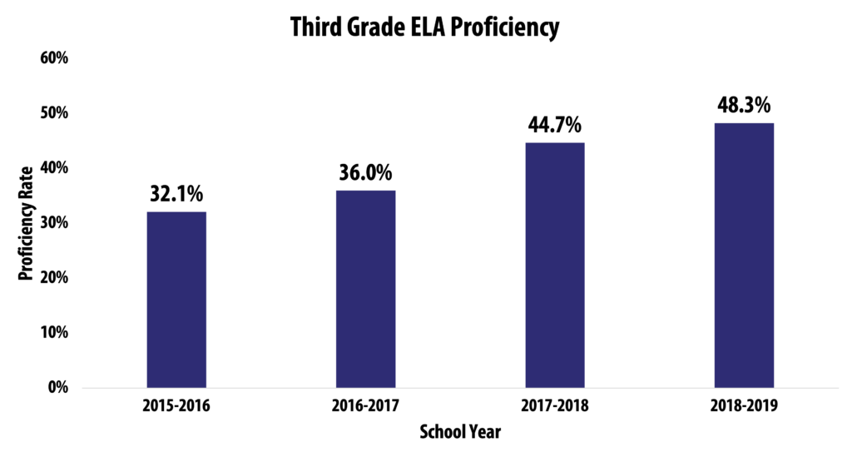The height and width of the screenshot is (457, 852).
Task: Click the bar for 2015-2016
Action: [176, 300]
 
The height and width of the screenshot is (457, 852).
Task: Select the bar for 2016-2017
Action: [365, 289]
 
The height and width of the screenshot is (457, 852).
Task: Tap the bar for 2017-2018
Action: [554, 265]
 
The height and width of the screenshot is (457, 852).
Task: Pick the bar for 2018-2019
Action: [744, 255]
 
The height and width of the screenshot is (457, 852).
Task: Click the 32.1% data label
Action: [176, 194]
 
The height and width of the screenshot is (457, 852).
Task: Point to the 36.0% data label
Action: [365, 173]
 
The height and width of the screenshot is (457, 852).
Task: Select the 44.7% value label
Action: [554, 126]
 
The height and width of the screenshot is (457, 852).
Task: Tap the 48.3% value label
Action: [744, 106]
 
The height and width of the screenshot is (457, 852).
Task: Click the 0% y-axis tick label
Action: [56, 387]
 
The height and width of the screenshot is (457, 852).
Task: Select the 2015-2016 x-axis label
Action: [176, 407]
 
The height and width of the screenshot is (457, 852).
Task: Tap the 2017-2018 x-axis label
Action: [554, 407]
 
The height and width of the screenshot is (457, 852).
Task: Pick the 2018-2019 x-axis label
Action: [744, 407]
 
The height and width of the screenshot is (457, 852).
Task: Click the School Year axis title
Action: [460, 432]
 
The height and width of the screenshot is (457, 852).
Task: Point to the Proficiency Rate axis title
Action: [26, 223]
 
